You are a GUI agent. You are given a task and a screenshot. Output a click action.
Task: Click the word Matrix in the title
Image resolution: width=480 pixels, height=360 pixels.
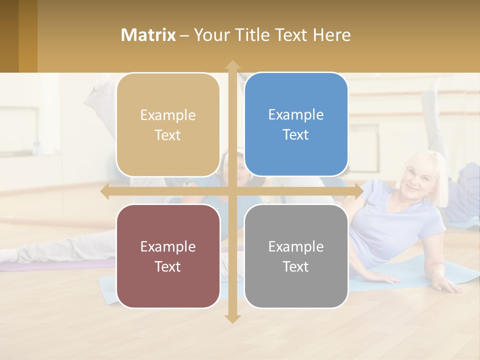coord(148,35)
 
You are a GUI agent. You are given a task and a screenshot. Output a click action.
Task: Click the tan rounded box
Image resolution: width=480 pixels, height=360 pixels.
coord(168,125)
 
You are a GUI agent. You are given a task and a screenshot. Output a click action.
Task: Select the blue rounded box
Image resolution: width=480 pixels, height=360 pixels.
coord(296,124)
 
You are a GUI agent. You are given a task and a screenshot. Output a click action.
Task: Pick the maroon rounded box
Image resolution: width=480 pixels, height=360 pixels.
coord(168,256)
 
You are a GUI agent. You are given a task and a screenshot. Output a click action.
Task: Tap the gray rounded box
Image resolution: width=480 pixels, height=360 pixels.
coord(296,256)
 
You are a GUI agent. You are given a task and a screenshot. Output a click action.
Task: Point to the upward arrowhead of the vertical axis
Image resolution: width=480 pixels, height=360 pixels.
coord(232,64)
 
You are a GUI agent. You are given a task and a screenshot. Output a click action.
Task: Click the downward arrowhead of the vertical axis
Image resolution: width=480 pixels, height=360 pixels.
coord(232,319)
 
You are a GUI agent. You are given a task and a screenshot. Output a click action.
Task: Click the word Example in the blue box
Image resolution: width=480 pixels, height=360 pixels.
coord(296,114)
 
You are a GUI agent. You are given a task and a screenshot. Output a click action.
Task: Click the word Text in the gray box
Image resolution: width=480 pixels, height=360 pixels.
coord(296,266)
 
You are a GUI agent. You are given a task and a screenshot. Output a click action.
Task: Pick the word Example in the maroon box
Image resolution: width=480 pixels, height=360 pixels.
coord(168,246)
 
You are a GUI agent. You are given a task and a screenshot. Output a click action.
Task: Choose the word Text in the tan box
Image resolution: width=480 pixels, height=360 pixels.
coord(168,135)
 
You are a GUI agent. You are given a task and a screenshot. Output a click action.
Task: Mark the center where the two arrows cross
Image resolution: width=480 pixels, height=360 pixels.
coord(232,191)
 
